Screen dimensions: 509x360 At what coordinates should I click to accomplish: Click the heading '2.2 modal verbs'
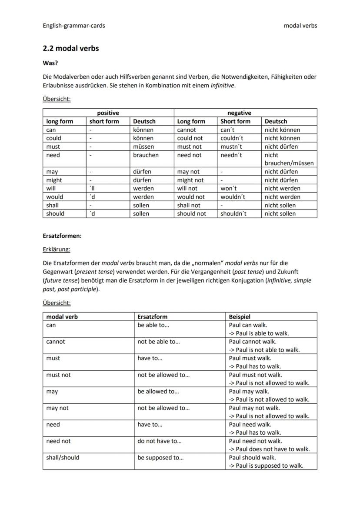[x=70, y=48]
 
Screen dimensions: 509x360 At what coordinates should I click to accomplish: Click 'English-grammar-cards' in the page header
[x=73, y=26]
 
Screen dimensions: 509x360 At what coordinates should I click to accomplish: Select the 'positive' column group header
[x=108, y=113]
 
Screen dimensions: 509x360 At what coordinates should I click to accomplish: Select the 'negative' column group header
[x=239, y=113]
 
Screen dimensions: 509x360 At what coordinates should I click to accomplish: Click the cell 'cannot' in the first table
[x=187, y=130]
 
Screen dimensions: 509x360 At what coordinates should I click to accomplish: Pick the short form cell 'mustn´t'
[x=232, y=146]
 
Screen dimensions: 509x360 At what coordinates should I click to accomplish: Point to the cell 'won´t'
[x=229, y=189]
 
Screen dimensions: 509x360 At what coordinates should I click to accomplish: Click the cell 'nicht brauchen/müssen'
[x=289, y=159]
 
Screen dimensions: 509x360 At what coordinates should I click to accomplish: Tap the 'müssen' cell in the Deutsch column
[x=143, y=146]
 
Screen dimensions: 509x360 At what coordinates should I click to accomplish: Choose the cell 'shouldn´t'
[x=233, y=214]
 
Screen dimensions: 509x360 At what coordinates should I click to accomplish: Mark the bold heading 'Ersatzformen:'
[x=62, y=236]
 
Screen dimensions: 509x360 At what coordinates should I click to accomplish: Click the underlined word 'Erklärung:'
[x=56, y=250]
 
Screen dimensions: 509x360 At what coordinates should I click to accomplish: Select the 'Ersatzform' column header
[x=152, y=317]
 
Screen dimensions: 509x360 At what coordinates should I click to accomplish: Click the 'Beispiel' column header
[x=240, y=317]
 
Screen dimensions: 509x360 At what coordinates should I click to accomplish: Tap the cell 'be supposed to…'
[x=160, y=458]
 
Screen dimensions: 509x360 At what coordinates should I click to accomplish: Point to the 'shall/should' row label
[x=63, y=458]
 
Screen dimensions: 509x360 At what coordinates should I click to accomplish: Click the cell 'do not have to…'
[x=160, y=441]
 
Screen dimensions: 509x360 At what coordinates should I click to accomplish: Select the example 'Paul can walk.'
[x=248, y=325]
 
